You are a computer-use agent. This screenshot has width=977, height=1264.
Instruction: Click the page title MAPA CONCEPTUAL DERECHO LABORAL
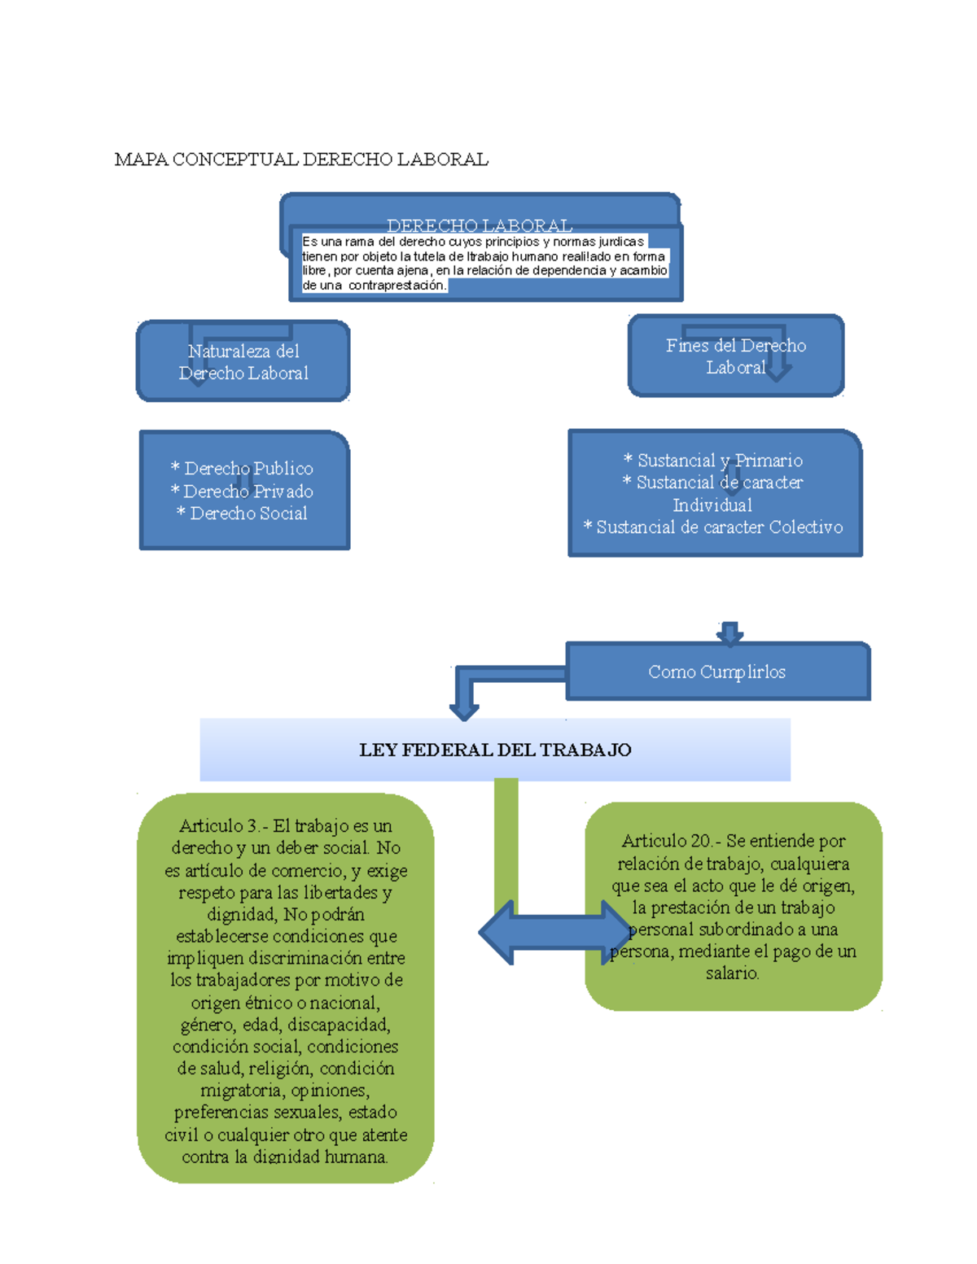tap(301, 160)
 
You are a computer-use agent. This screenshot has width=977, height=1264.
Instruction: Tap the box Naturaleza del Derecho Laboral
tap(243, 361)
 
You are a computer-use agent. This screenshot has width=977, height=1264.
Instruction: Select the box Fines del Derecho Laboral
tap(735, 356)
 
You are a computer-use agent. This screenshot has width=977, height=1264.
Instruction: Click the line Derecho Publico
tap(243, 469)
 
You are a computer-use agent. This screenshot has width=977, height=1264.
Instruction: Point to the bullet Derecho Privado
tap(243, 492)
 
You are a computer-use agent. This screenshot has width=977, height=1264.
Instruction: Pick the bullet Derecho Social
tap(243, 514)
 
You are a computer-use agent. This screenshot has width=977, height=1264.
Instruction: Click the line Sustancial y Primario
tap(713, 461)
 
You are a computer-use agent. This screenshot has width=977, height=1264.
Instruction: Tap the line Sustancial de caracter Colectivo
tap(713, 527)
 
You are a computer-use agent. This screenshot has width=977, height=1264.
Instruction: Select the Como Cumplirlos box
tap(717, 672)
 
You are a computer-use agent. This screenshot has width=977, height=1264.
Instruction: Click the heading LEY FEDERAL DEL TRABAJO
tap(495, 750)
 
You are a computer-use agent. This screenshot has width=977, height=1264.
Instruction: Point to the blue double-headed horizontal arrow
tap(554, 933)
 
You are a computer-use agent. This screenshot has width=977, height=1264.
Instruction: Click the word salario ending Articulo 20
tap(732, 973)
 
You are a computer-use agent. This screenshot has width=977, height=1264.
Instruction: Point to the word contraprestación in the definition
tap(396, 286)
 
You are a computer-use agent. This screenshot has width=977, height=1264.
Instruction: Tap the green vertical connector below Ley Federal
tap(506, 838)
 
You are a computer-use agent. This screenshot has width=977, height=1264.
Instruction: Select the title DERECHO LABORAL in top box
tap(479, 225)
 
